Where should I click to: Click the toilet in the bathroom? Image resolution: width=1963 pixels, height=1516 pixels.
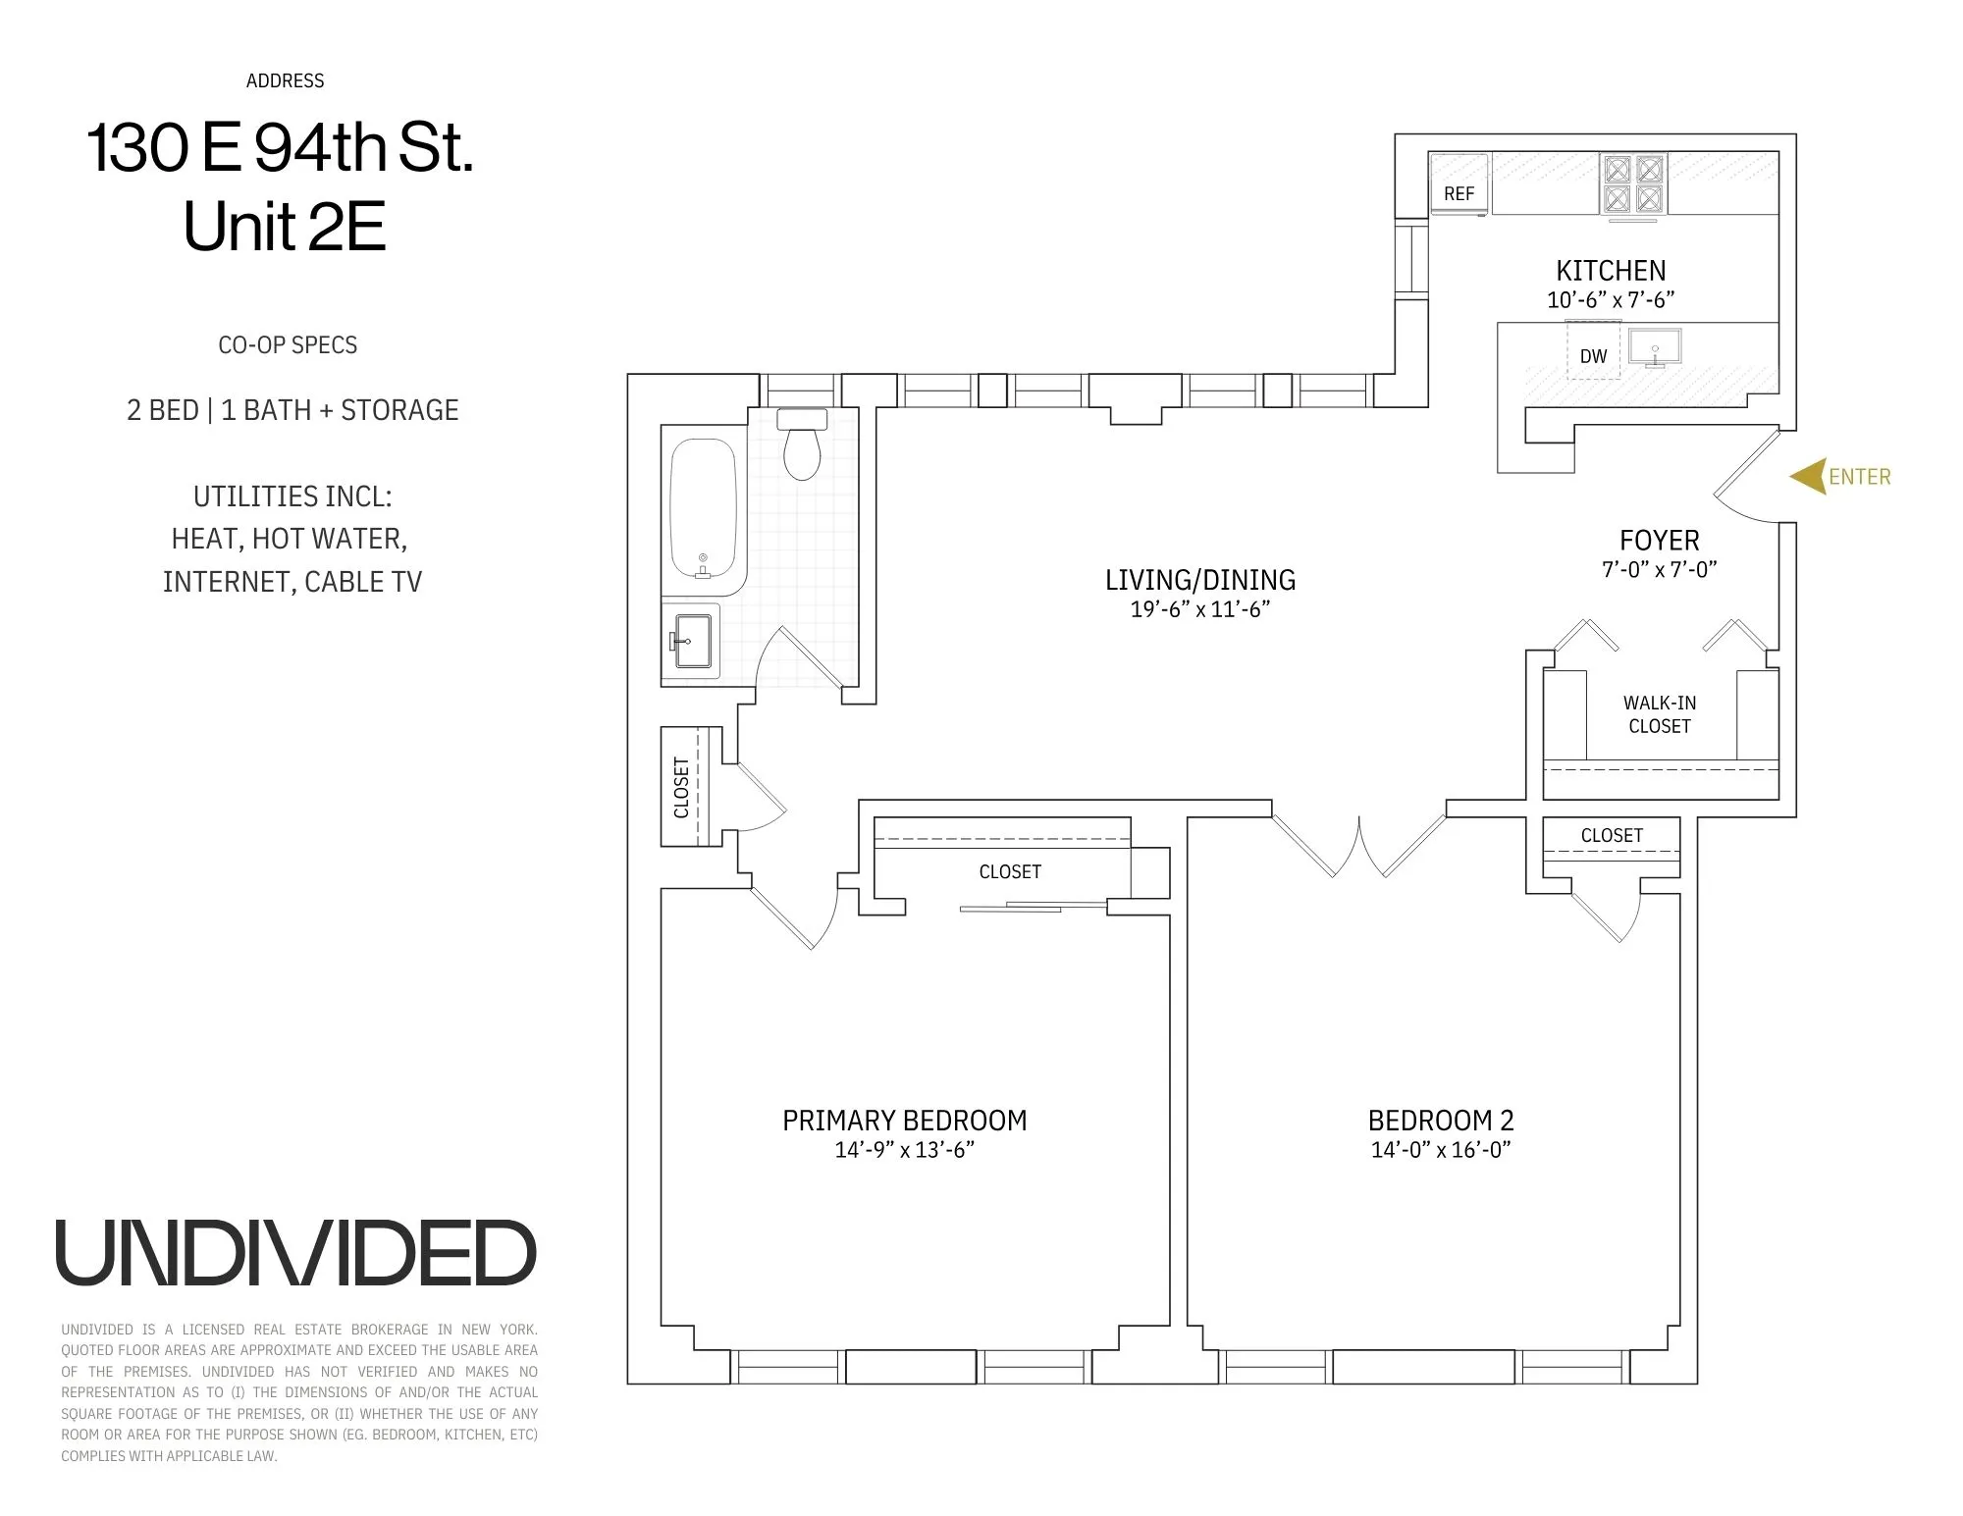click(x=802, y=446)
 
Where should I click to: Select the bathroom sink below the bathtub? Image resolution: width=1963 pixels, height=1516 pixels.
click(x=691, y=641)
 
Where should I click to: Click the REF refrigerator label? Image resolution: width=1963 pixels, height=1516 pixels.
click(x=1459, y=194)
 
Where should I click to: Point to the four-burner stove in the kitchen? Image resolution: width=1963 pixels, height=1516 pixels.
click(x=1633, y=183)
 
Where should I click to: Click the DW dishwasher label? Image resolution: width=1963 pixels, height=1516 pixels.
click(x=1593, y=356)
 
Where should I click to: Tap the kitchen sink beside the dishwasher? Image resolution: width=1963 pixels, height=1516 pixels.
click(x=1655, y=347)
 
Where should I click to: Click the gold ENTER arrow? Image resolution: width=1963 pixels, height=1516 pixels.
click(x=1809, y=477)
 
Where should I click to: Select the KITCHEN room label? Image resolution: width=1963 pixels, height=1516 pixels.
click(x=1611, y=271)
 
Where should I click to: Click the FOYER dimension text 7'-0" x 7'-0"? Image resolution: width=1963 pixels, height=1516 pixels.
click(x=1659, y=569)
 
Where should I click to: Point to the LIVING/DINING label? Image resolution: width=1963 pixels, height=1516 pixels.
click(x=1199, y=580)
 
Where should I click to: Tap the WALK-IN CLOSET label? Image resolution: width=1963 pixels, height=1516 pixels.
click(x=1659, y=714)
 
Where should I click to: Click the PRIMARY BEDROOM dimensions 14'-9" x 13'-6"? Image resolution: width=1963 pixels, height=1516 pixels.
click(x=904, y=1150)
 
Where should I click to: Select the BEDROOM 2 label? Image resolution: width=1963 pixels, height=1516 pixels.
click(x=1440, y=1120)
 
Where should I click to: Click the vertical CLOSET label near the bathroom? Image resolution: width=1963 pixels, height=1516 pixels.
click(x=681, y=787)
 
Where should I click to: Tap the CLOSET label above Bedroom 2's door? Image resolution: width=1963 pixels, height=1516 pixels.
click(x=1611, y=835)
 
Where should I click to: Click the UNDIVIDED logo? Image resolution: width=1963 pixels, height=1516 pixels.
click(x=295, y=1254)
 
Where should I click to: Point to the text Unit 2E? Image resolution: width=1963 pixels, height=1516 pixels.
click(x=285, y=228)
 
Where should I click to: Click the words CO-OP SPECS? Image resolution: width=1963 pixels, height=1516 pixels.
click(x=288, y=345)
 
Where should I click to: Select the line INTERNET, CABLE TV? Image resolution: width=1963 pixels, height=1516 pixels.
click(x=292, y=582)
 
